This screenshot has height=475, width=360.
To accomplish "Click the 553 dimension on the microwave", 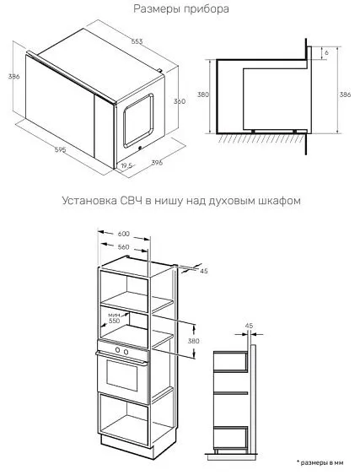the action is pyautogui.click(x=137, y=41).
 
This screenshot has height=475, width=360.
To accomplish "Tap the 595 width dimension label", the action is pyautogui.click(x=60, y=149).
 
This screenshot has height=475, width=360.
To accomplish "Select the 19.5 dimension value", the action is pyautogui.click(x=126, y=165).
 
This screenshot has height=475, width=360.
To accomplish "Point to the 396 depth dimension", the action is pyautogui.click(x=157, y=162).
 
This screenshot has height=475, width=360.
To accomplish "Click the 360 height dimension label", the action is pyautogui.click(x=180, y=101).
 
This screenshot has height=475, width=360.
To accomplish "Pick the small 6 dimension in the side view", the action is pyautogui.click(x=326, y=52).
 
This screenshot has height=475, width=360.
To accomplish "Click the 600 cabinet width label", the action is pyautogui.click(x=124, y=234).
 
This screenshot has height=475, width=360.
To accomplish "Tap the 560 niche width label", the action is pyautogui.click(x=123, y=247).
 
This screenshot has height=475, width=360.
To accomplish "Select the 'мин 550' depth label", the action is pyautogui.click(x=114, y=318).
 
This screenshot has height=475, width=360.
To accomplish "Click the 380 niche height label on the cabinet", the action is pyautogui.click(x=193, y=341).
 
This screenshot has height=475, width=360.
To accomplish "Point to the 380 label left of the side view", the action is pyautogui.click(x=203, y=94).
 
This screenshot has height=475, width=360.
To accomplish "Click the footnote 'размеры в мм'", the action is pyautogui.click(x=321, y=462).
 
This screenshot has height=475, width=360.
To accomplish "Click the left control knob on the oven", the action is pyautogui.click(x=117, y=350).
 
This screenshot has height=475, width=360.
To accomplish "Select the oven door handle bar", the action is pyautogui.click(x=122, y=359).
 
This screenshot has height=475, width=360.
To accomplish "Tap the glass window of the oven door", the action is pyautogui.click(x=122, y=375).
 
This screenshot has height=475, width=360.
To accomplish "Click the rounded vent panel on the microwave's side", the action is pyautogui.click(x=138, y=121).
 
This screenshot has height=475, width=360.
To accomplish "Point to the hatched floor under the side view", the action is pyautogui.click(x=260, y=138).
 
